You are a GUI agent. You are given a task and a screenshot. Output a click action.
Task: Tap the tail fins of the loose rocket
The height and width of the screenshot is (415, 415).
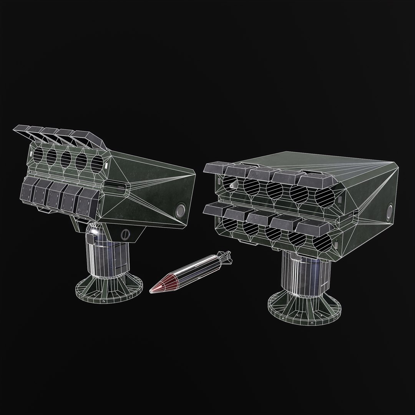225,257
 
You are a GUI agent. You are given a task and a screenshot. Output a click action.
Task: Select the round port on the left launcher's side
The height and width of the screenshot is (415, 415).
180,211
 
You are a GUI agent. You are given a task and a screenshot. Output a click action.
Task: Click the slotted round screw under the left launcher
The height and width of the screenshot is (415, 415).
124,234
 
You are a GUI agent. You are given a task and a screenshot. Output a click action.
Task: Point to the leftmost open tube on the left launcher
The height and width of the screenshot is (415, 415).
38,155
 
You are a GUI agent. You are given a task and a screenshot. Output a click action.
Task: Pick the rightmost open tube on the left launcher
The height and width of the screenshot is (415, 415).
98,164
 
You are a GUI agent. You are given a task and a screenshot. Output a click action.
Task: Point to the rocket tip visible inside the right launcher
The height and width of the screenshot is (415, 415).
232,186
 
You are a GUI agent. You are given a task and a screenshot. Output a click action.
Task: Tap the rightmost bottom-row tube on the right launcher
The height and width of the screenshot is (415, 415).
323,242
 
